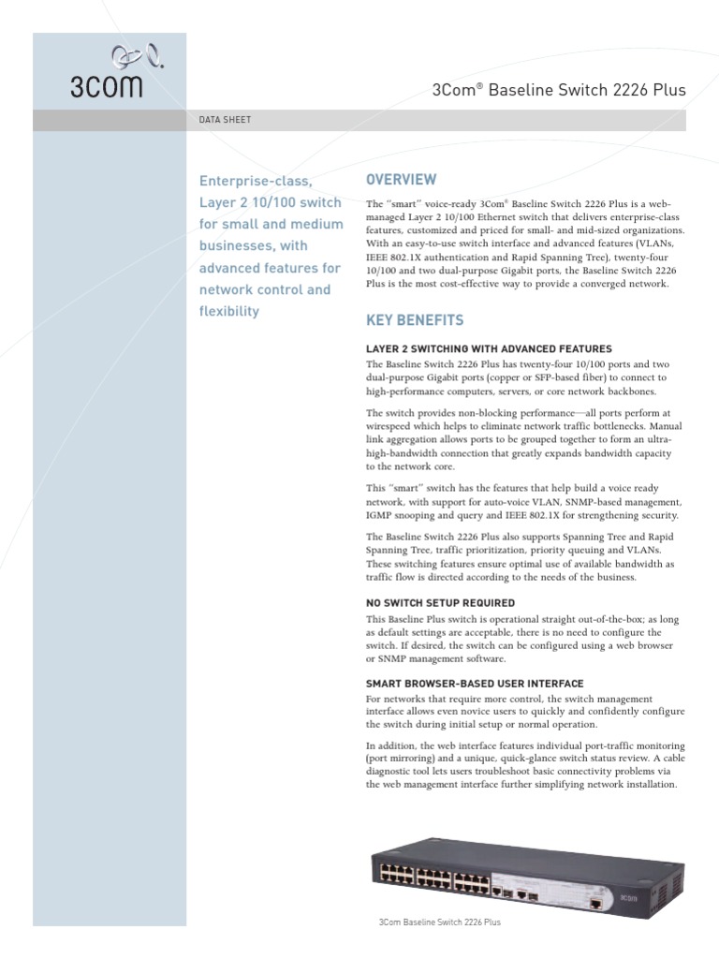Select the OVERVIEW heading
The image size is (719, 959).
tap(401, 179)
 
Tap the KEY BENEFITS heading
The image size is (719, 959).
tap(414, 320)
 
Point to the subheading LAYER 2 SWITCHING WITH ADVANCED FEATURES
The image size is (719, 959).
tap(489, 348)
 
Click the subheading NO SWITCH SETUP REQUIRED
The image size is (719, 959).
tap(440, 603)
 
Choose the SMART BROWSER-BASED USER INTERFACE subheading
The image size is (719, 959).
tap(475, 684)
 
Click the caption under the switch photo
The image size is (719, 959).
tap(439, 922)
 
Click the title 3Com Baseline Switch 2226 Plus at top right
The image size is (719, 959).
tap(559, 91)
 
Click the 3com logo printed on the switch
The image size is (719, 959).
tap(626, 898)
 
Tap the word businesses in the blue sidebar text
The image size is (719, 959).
tap(233, 245)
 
